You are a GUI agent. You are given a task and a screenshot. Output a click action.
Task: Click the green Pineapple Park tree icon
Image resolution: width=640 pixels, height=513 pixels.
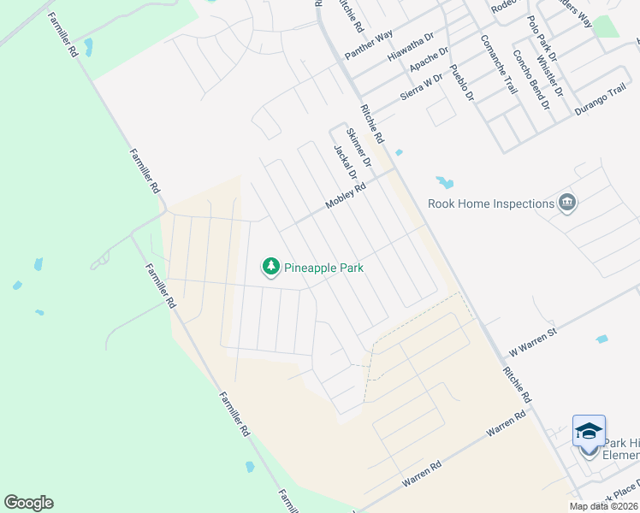271,268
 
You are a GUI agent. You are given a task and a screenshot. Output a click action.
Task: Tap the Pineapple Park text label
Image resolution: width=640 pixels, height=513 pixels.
324,268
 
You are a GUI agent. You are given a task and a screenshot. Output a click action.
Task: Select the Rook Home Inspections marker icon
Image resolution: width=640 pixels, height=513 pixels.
566,203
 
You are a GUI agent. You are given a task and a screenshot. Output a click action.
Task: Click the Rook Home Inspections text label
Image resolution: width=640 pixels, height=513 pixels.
491,203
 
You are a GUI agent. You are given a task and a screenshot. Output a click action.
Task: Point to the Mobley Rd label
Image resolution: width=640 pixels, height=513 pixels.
346,197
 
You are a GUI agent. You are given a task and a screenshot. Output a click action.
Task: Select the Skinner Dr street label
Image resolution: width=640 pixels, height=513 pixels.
359,146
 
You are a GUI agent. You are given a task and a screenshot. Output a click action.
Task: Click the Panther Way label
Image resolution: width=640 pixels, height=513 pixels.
368,44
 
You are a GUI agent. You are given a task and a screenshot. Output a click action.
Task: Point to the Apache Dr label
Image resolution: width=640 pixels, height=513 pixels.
429,58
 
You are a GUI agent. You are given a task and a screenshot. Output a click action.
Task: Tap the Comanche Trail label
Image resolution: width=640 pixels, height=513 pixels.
499,64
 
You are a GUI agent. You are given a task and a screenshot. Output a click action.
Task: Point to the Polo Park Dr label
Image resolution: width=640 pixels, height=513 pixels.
542,38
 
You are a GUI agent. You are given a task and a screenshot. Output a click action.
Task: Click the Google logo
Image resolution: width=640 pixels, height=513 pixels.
28,503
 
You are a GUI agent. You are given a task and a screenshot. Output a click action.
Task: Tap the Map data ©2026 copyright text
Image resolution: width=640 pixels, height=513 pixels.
603,506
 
